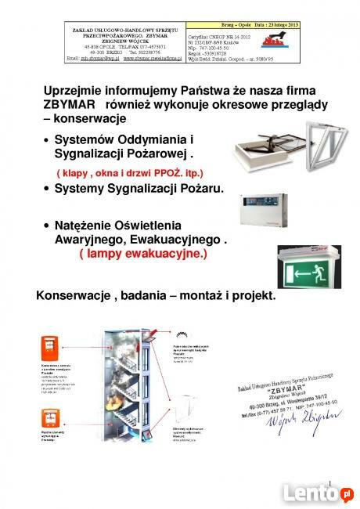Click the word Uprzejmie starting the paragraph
click(74, 88)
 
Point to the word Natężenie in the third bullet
click(84, 226)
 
